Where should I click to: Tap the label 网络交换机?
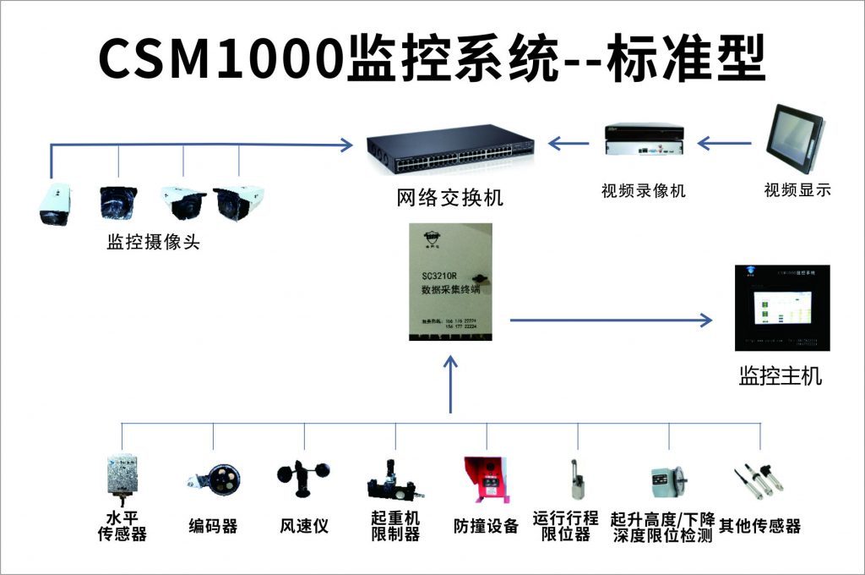[x=449, y=199]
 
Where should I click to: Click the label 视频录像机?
[x=643, y=191]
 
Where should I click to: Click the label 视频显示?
[x=797, y=190]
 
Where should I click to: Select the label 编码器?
[x=213, y=526]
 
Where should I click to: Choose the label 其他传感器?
[x=759, y=526]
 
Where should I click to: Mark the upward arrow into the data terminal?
[x=450, y=385]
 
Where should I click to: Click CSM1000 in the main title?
[x=221, y=59]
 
